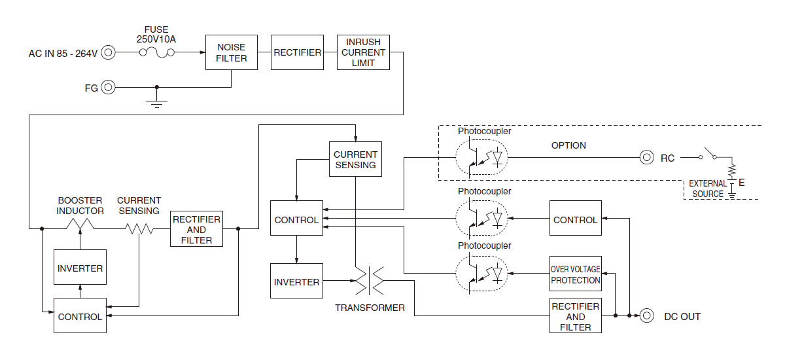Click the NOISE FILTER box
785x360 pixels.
point(232,52)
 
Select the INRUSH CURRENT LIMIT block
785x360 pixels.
point(363,52)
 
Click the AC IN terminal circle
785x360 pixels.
point(109,52)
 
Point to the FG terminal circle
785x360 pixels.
point(109,87)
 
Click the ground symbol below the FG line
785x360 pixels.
point(156,102)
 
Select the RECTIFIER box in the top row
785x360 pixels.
point(298,52)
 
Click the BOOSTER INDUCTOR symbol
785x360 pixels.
point(80,228)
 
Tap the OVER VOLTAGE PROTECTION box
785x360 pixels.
point(575,274)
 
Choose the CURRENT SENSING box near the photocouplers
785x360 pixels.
point(355,160)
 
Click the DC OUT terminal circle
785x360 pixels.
point(646,316)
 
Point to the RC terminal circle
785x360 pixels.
point(646,157)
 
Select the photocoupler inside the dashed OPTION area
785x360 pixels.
point(481,158)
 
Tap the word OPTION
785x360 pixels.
point(568,145)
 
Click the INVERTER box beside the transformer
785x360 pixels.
point(296,282)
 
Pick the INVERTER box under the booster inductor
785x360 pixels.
point(80,268)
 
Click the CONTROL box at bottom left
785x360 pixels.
point(80,316)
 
